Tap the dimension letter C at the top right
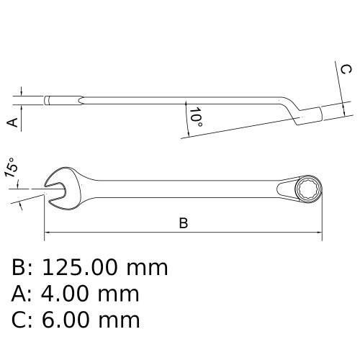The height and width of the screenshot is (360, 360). click(x=346, y=69)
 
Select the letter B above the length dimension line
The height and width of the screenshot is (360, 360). click(x=184, y=223)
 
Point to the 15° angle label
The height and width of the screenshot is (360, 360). click(x=11, y=167)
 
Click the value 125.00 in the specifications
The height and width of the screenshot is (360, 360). click(x=79, y=267)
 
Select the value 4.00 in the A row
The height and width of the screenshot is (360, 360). click(x=65, y=294)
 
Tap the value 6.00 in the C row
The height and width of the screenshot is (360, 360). click(x=66, y=320)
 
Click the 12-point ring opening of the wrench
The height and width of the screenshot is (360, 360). click(x=308, y=189)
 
